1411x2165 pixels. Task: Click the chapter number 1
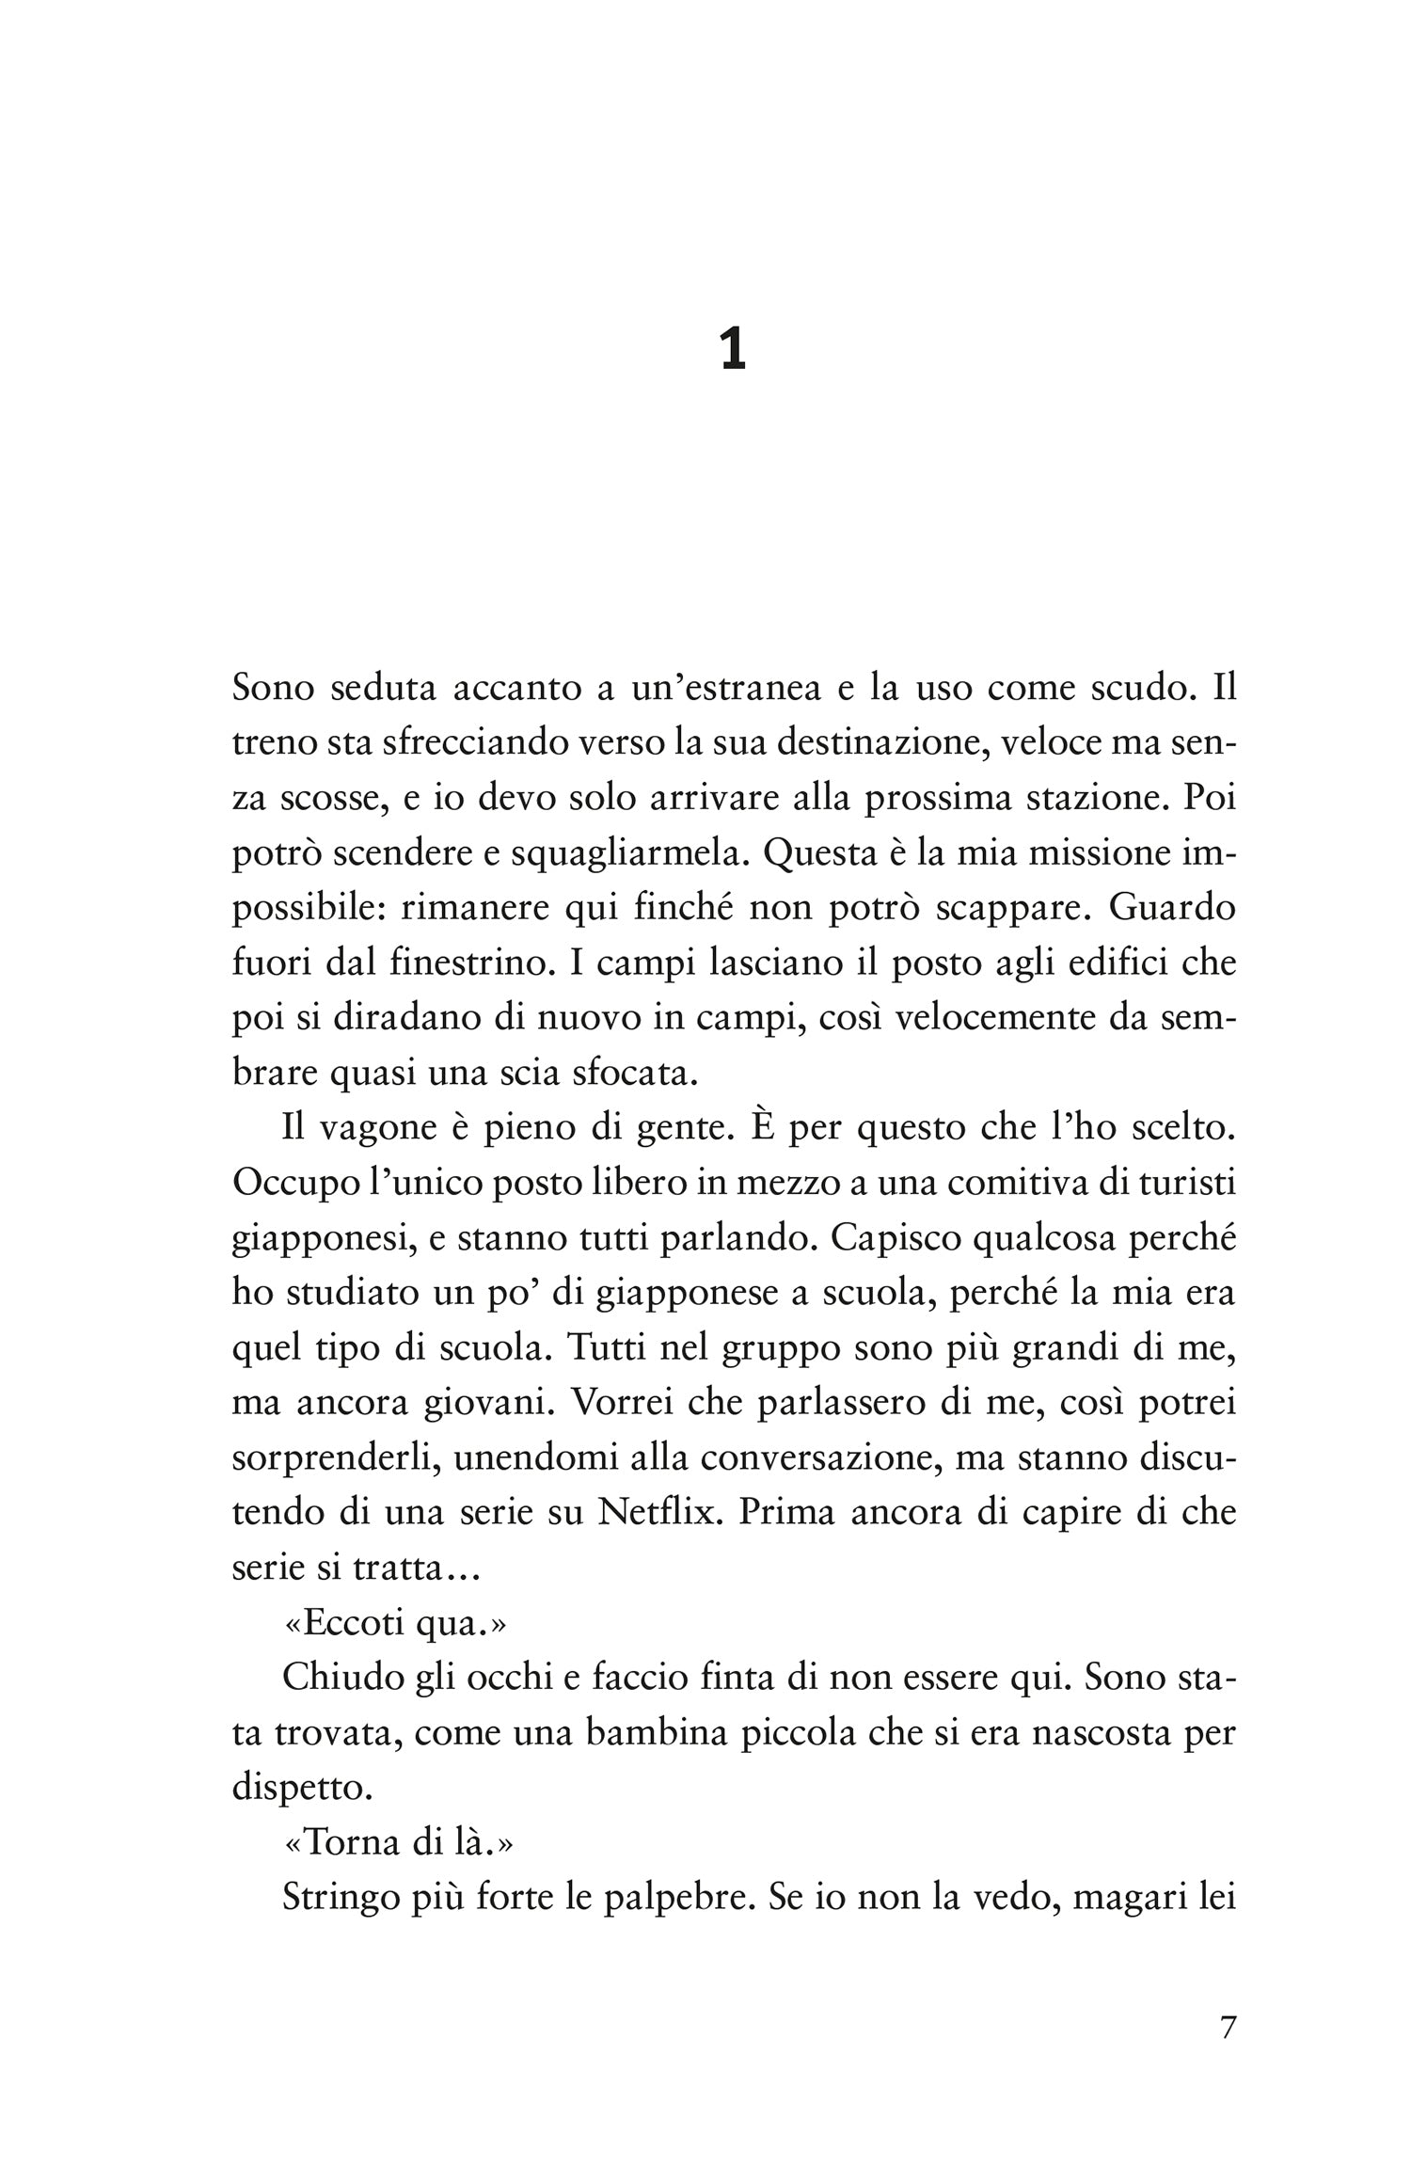[x=733, y=351]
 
